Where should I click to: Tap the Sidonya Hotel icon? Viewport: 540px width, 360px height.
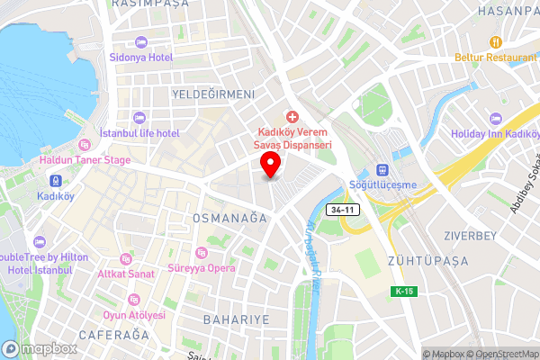[x=140, y=42]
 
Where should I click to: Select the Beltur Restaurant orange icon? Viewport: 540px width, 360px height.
[x=494, y=42]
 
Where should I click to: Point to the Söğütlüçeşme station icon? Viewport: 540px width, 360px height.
[x=381, y=170]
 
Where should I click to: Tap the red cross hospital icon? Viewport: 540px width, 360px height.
[x=291, y=118]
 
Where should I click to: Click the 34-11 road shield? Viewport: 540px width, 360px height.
[x=341, y=209]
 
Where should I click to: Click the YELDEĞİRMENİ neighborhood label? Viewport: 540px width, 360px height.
[x=214, y=94]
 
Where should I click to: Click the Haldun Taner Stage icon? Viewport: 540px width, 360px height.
[x=84, y=145]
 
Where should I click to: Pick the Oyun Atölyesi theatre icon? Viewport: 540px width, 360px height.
[x=134, y=300]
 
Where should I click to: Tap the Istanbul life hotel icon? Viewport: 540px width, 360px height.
[x=138, y=118]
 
